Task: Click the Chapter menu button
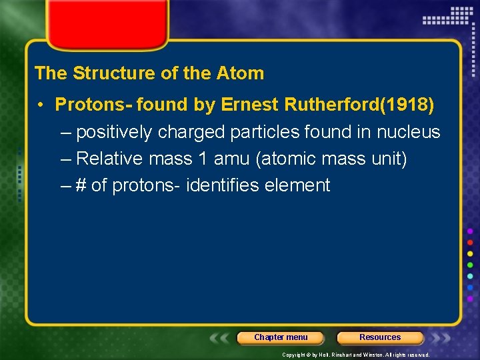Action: point(281,337)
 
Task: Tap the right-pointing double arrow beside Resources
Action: point(437,338)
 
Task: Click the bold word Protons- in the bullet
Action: point(93,105)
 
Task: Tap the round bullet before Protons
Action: point(41,105)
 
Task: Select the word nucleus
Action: point(408,132)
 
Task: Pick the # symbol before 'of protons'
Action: point(81,185)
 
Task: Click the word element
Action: point(297,185)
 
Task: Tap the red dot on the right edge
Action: point(470,242)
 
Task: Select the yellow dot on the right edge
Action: point(470,253)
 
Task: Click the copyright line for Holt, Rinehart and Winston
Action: point(355,355)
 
